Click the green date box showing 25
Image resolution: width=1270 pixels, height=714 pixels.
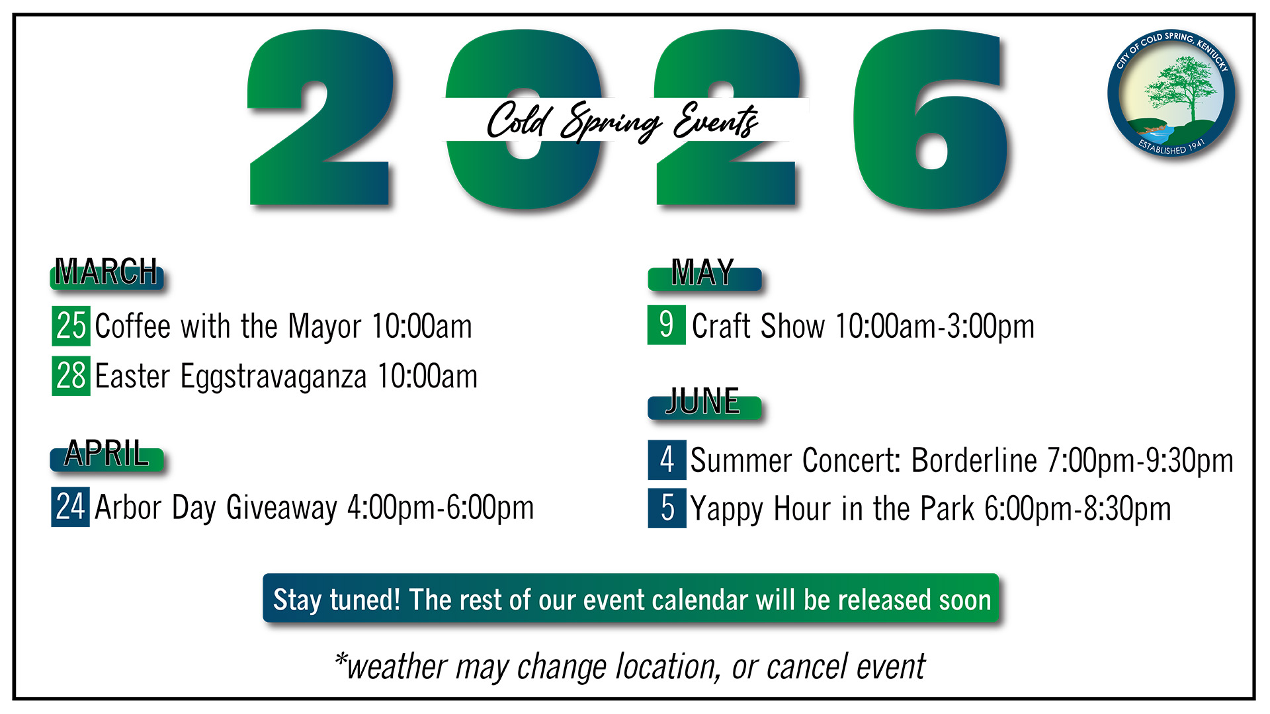[71, 325]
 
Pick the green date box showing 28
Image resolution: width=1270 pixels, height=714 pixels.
[71, 376]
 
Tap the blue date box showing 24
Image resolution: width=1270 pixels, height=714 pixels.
[70, 506]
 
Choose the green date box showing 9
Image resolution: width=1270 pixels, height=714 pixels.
[667, 325]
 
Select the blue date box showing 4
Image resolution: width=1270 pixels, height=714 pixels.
[667, 459]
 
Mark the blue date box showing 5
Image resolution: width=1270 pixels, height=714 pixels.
[667, 508]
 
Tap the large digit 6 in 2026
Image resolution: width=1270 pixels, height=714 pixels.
[931, 120]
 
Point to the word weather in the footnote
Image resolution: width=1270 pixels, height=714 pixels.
[397, 667]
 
